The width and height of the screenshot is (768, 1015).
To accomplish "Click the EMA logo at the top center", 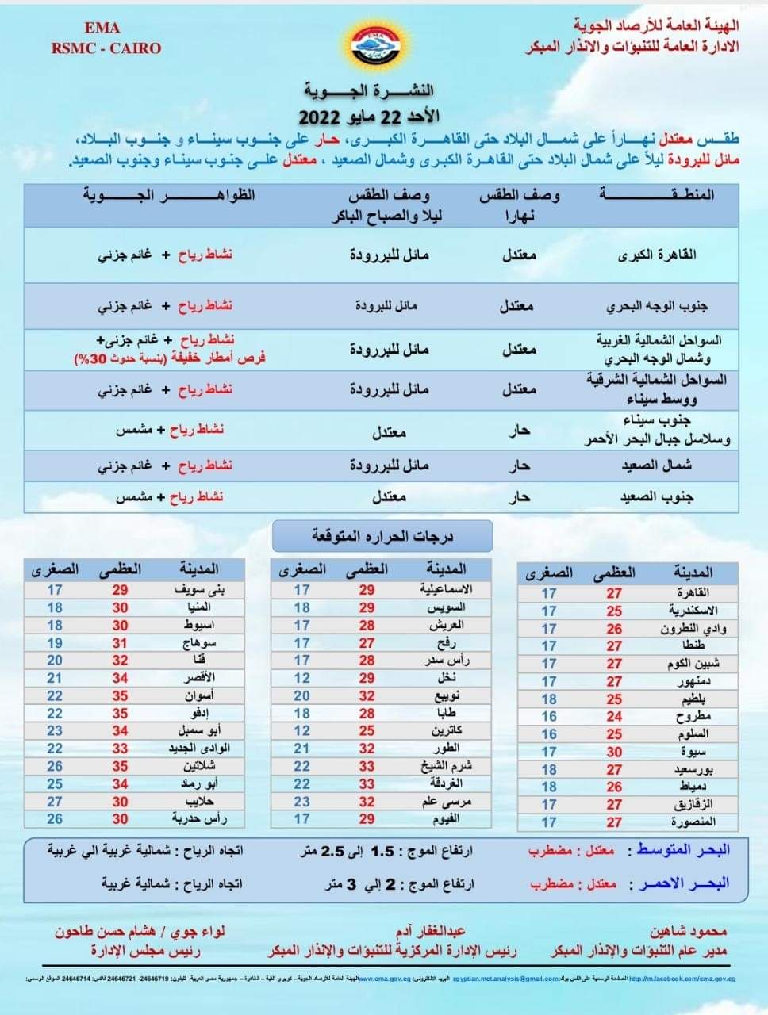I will pyautogui.click(x=383, y=47).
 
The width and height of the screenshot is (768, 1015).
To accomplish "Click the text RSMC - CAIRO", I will pyautogui.click(x=106, y=48).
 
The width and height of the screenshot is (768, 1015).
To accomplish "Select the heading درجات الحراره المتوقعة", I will pyautogui.click(x=382, y=537).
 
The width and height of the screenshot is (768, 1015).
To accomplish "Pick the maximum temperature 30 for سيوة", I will pyautogui.click(x=614, y=752).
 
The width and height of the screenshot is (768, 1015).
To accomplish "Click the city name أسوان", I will pyautogui.click(x=198, y=695).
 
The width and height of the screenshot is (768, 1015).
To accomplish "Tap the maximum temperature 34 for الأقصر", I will pyautogui.click(x=120, y=678).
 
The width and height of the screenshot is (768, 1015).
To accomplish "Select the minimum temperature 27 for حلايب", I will pyautogui.click(x=55, y=802).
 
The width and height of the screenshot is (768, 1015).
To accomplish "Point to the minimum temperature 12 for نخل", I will pyautogui.click(x=302, y=678).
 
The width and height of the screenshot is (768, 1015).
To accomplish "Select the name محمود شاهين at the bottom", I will pyautogui.click(x=687, y=932).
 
